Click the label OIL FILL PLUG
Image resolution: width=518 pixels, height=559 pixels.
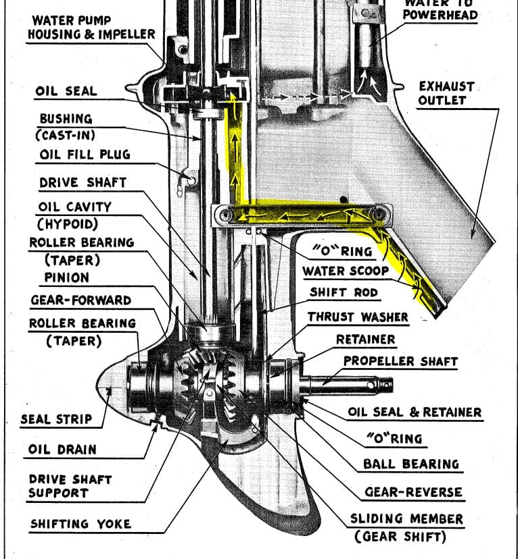(84, 155)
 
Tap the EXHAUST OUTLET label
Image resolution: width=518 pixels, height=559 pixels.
(446, 93)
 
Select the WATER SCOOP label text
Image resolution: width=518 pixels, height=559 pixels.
(346, 271)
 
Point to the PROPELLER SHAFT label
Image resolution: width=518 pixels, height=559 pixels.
(400, 361)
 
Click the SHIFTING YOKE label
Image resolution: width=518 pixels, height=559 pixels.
(80, 523)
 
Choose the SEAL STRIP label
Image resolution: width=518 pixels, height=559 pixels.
(56, 419)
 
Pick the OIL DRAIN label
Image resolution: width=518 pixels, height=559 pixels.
(62, 449)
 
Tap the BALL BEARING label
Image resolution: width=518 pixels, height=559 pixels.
(411, 464)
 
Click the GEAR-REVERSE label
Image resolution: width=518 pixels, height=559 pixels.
(413, 491)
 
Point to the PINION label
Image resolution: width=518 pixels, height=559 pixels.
(66, 277)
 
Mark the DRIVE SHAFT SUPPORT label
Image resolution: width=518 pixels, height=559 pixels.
(70, 486)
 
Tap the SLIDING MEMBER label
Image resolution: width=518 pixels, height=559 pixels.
(406, 519)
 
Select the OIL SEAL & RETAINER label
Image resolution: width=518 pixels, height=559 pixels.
(415, 412)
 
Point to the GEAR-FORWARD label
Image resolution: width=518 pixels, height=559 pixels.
(80, 300)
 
